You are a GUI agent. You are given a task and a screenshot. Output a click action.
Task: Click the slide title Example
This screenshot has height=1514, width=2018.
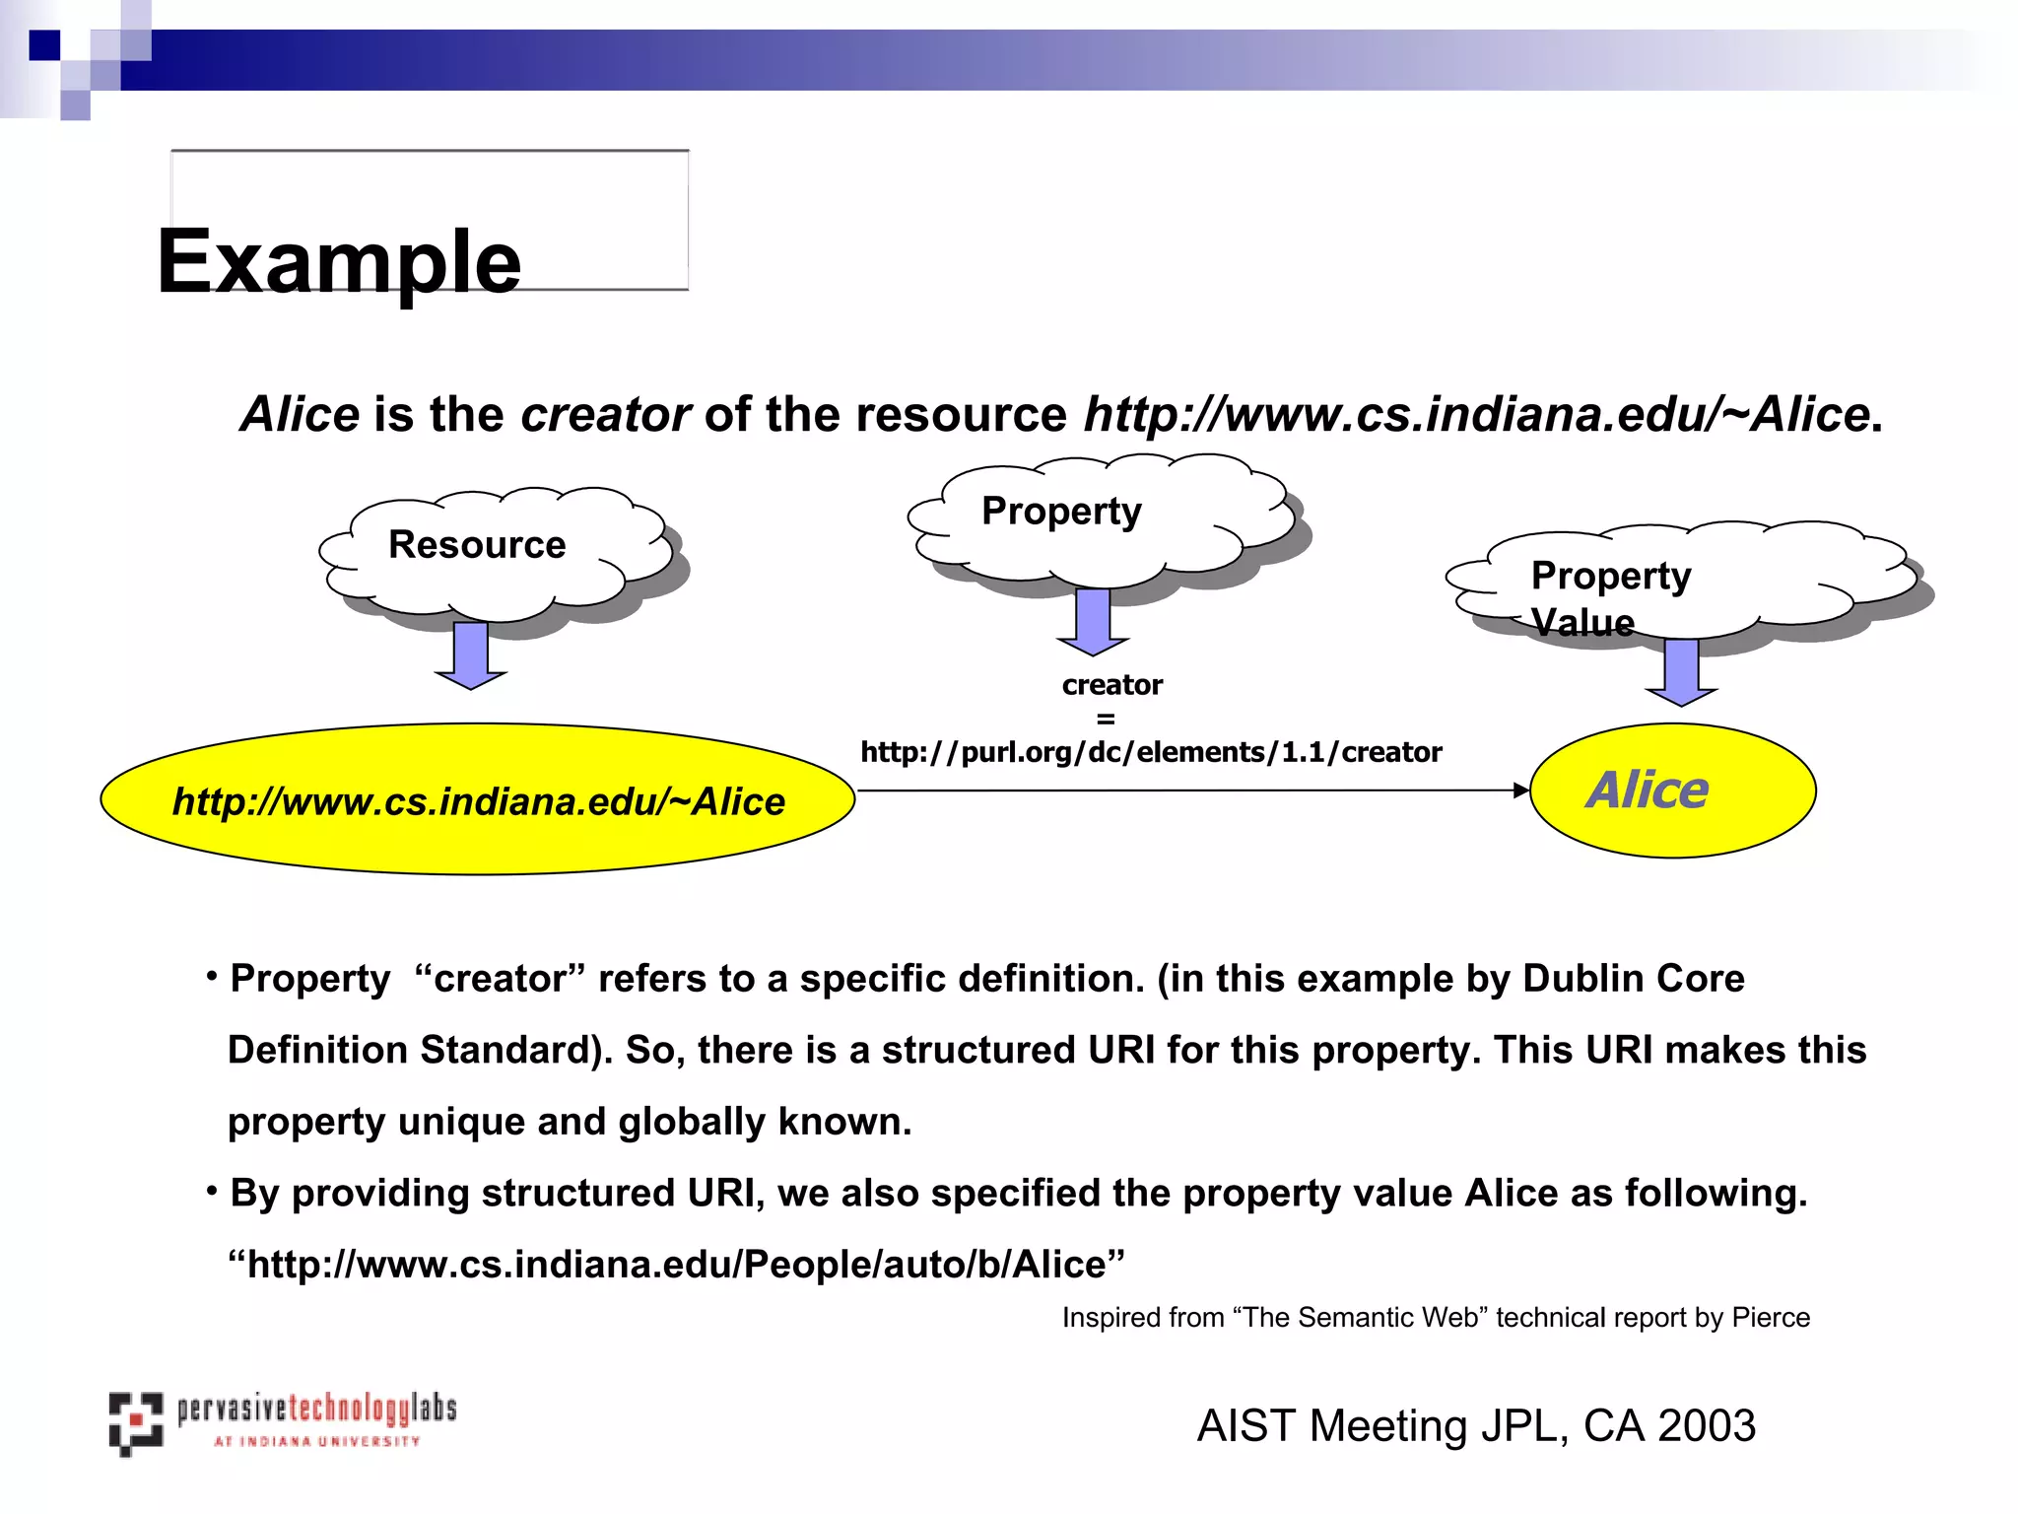tap(338, 261)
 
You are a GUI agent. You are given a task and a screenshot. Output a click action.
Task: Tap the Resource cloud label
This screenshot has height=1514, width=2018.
tap(477, 545)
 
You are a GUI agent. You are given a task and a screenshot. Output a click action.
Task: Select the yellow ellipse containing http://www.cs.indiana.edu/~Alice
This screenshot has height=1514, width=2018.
tap(478, 799)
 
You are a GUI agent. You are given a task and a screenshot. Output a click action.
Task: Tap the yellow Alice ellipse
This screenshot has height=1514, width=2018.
tap(1672, 791)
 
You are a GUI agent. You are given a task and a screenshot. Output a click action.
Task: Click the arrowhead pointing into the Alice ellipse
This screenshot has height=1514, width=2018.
tap(1520, 790)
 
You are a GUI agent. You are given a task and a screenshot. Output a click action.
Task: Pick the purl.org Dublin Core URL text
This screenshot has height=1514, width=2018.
tap(1151, 753)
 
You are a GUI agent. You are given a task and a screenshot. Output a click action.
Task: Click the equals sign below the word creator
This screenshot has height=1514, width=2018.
tap(1106, 719)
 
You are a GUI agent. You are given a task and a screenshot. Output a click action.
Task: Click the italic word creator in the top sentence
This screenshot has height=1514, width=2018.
tap(605, 414)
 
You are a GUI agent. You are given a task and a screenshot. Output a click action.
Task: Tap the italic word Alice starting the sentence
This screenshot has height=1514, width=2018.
tap(300, 414)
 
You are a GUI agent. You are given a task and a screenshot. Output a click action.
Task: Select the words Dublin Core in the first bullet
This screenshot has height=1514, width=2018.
tap(1633, 979)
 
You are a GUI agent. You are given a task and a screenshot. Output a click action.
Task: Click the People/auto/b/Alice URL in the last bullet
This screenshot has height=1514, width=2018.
tap(676, 1265)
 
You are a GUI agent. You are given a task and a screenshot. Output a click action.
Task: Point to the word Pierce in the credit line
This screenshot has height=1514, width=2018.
tap(1771, 1318)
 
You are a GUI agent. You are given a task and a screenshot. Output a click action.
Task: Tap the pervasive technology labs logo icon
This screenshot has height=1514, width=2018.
tap(135, 1423)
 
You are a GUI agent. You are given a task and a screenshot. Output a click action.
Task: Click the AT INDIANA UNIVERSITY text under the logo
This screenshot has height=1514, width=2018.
tap(317, 1441)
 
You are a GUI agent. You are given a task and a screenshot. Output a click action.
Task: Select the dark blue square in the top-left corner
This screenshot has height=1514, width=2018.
tap(44, 45)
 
